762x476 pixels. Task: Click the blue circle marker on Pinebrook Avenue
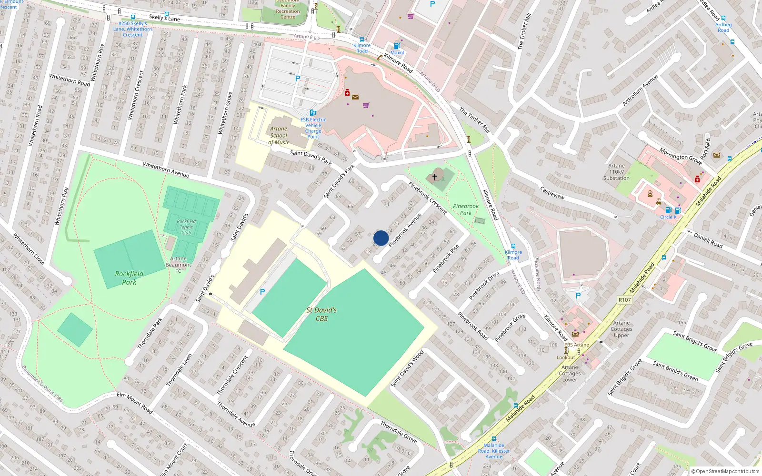click(381, 238)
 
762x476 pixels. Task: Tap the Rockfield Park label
click(129, 278)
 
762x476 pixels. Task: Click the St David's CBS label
click(321, 314)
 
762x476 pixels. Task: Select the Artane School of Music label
click(279, 135)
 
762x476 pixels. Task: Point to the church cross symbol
click(434, 177)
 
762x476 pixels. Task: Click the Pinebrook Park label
click(466, 209)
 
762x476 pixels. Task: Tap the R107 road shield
click(624, 300)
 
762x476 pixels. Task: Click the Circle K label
click(668, 217)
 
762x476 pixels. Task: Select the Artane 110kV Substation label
click(616, 172)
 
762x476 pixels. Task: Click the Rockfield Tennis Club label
click(186, 227)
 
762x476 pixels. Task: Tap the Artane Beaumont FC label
click(178, 265)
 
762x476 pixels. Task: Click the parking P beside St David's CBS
click(262, 292)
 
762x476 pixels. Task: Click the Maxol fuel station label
click(397, 53)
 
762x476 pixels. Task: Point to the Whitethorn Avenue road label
click(166, 170)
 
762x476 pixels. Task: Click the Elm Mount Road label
click(135, 403)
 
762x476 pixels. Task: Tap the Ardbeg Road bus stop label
click(723, 27)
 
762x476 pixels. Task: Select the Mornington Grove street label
click(681, 156)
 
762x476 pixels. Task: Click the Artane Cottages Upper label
click(622, 329)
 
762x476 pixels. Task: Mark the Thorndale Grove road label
click(398, 432)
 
